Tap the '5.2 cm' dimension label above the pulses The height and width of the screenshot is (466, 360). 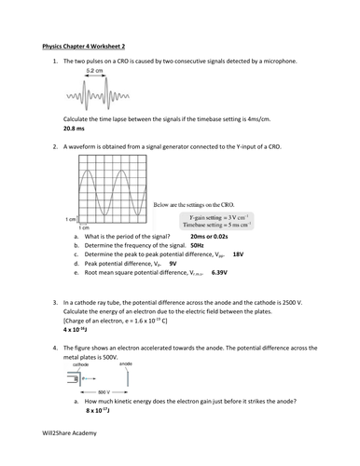(x=94, y=71)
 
